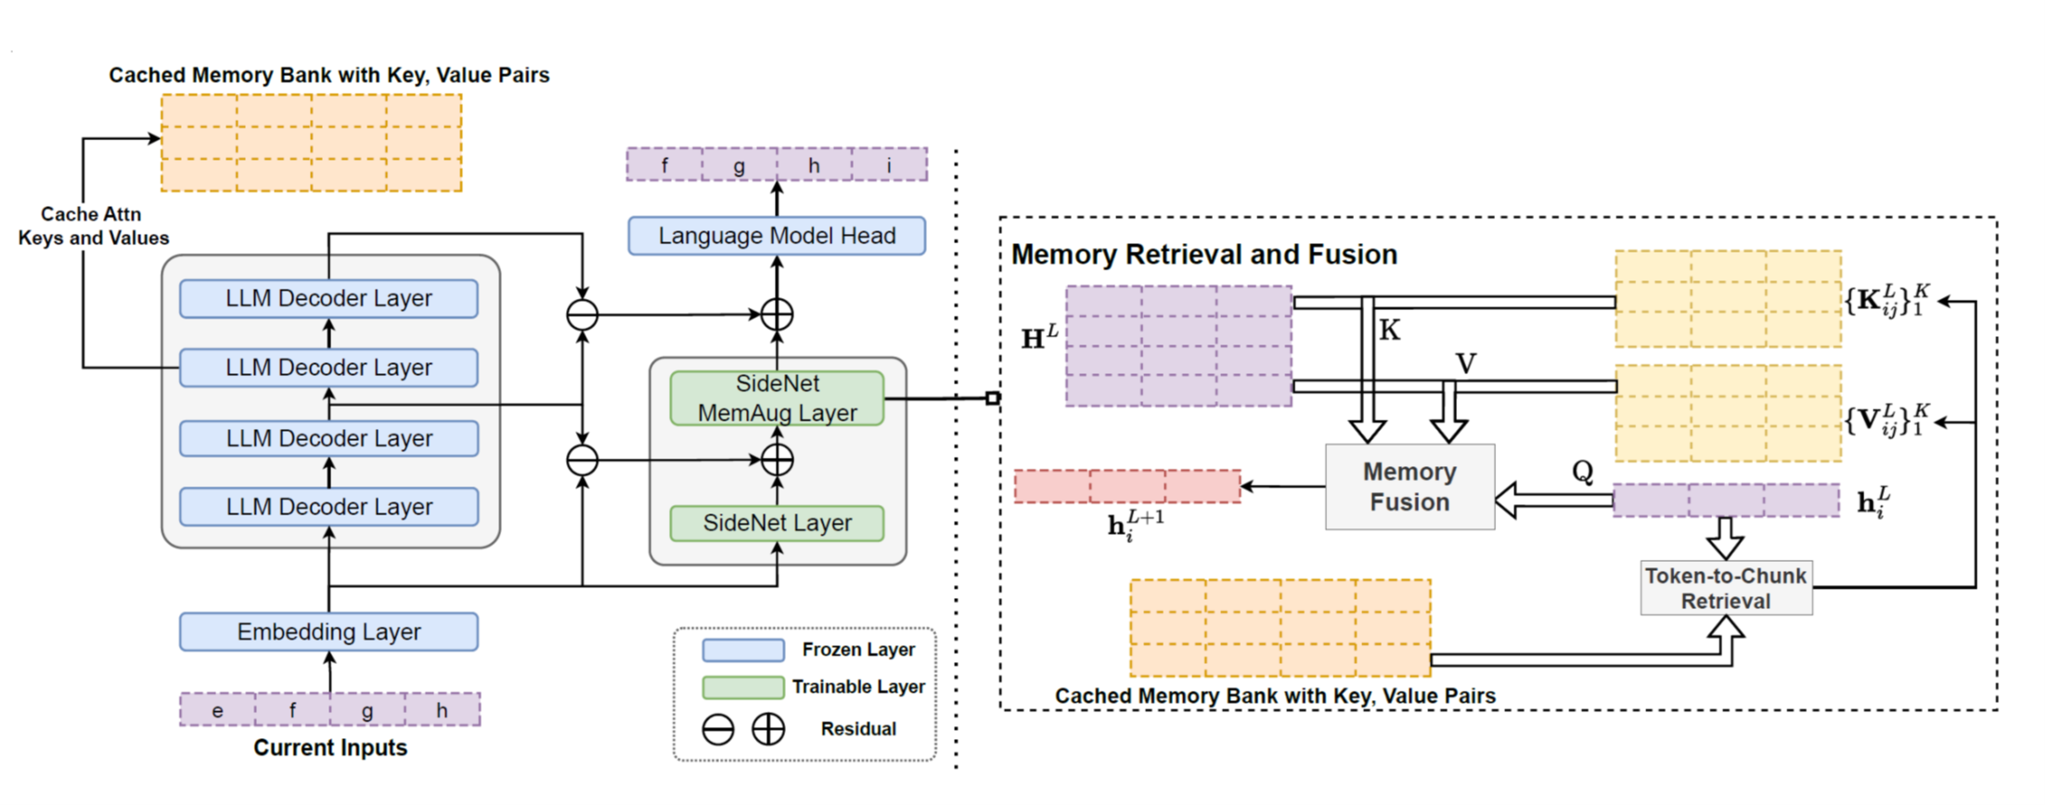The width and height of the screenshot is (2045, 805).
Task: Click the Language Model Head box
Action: pyautogui.click(x=777, y=236)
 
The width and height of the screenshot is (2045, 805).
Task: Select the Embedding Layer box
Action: pyautogui.click(x=328, y=631)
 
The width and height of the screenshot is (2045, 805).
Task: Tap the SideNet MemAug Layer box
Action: pyautogui.click(x=777, y=398)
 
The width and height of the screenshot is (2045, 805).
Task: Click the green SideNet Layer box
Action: pyautogui.click(x=777, y=523)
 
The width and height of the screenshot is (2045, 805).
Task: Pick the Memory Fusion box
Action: pyautogui.click(x=1409, y=487)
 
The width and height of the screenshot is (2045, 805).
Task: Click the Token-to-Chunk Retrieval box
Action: pyautogui.click(x=1726, y=588)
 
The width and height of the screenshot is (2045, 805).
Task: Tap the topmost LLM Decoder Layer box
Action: pyautogui.click(x=328, y=298)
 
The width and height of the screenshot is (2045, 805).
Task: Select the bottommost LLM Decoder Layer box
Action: pyautogui.click(x=328, y=507)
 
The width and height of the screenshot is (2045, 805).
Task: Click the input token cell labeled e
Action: pyautogui.click(x=217, y=710)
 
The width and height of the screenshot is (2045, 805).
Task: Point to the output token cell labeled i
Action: pyautogui.click(x=889, y=165)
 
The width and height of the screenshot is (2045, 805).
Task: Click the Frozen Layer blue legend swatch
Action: pyautogui.click(x=743, y=649)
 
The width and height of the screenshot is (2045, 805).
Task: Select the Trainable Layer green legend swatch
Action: pyautogui.click(x=743, y=687)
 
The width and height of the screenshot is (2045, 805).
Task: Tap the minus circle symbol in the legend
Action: pyautogui.click(x=718, y=729)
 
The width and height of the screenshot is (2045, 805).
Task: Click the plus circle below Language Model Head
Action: pyautogui.click(x=777, y=315)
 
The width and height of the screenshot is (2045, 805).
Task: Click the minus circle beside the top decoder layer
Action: pyautogui.click(x=583, y=315)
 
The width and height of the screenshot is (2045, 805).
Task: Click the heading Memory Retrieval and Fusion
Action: pyautogui.click(x=1203, y=254)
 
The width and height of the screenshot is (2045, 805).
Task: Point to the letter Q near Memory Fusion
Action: pyautogui.click(x=1582, y=472)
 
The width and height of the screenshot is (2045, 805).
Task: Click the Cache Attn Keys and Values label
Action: pyautogui.click(x=93, y=226)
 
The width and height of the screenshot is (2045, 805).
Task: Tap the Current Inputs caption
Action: pyautogui.click(x=329, y=747)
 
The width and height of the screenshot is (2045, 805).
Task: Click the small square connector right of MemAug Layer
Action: pyautogui.click(x=993, y=398)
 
